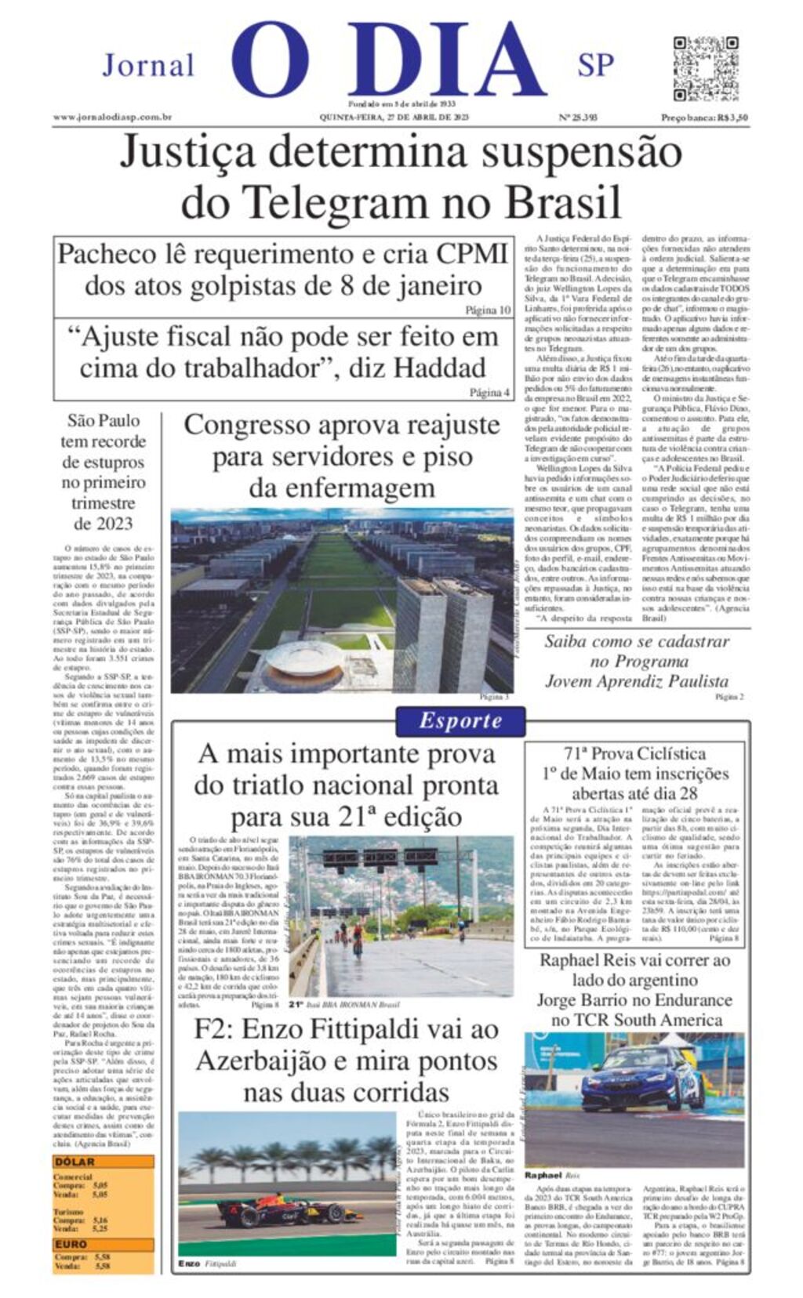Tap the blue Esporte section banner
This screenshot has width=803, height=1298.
[x=460, y=721]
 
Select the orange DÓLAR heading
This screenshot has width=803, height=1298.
[x=75, y=1162]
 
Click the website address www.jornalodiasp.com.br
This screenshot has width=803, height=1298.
[x=113, y=118]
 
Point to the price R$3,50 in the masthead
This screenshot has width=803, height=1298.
[x=733, y=118]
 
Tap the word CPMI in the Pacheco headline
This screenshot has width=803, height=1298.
[x=473, y=254]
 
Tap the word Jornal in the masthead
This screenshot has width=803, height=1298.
[x=149, y=65]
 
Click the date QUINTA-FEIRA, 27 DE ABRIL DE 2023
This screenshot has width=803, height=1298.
[x=394, y=118]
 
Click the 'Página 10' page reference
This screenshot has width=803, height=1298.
[x=488, y=310]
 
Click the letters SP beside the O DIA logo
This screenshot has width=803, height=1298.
[x=595, y=65]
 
